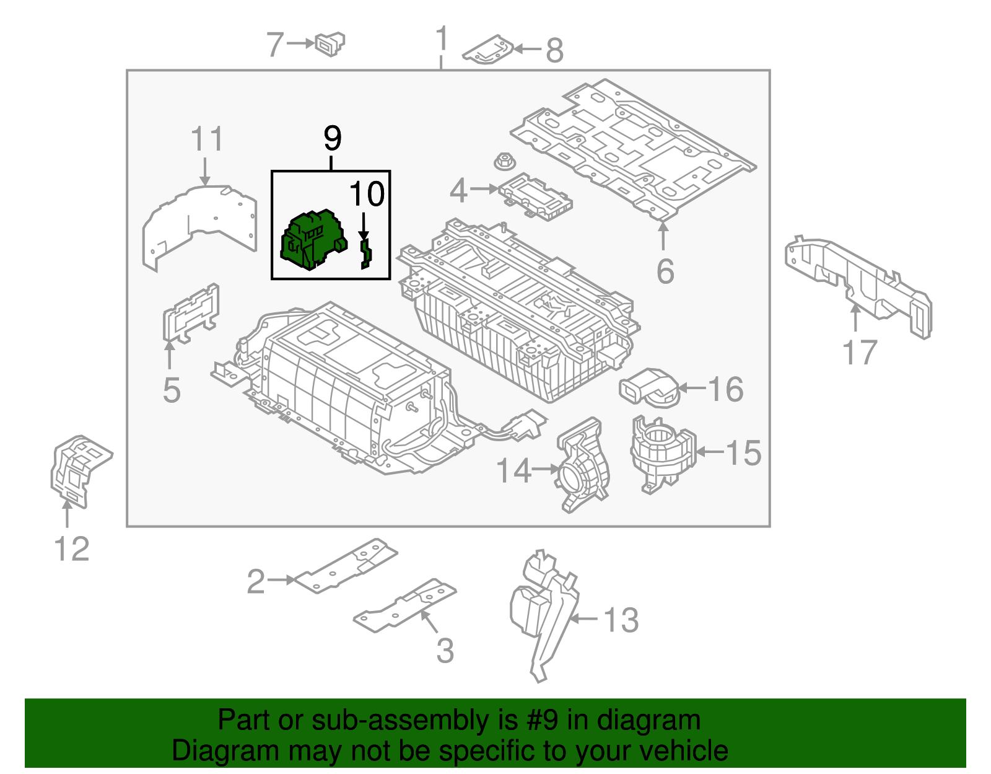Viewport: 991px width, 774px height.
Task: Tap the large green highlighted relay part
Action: [x=313, y=240]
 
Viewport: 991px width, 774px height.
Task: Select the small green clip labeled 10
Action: [x=365, y=254]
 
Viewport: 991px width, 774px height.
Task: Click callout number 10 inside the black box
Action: [x=367, y=194]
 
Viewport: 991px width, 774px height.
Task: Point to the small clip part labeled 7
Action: [x=330, y=44]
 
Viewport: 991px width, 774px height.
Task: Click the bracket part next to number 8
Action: [x=489, y=50]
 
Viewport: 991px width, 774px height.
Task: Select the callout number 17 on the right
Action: [x=860, y=353]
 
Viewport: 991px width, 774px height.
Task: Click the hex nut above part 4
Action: [x=504, y=163]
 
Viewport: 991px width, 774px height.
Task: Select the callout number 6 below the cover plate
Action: [x=665, y=271]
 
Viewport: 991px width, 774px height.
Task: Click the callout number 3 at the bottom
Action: [x=445, y=651]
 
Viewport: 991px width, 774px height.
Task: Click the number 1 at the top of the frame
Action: [x=441, y=39]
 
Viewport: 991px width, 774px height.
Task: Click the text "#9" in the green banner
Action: [x=543, y=721]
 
